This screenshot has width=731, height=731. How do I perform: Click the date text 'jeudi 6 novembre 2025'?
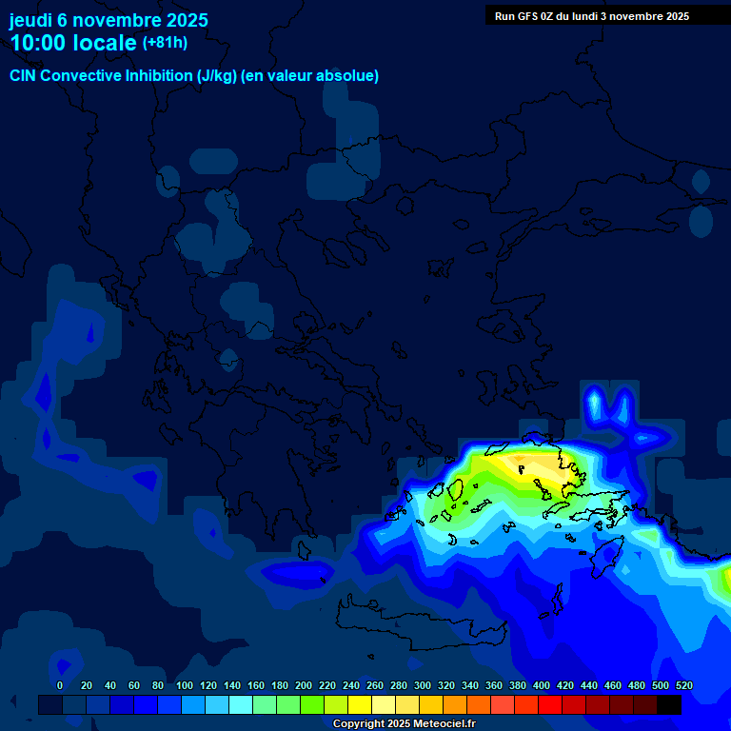pyautogui.click(x=109, y=20)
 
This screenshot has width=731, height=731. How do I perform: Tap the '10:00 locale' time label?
pyautogui.click(x=73, y=43)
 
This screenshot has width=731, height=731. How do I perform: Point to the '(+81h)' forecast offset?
pyautogui.click(x=165, y=43)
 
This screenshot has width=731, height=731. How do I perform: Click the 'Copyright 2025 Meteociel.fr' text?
pyautogui.click(x=404, y=723)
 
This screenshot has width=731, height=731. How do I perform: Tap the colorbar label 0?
pyautogui.click(x=60, y=685)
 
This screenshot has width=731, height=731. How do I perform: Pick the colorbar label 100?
pyautogui.click(x=185, y=685)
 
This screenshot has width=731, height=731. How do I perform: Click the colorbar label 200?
pyautogui.click(x=304, y=685)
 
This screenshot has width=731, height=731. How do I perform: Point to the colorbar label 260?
pyautogui.click(x=375, y=685)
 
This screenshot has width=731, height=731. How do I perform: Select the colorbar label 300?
pyautogui.click(x=423, y=685)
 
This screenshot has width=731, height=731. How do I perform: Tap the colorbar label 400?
pyautogui.click(x=542, y=685)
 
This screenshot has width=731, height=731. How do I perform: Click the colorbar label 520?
pyautogui.click(x=683, y=685)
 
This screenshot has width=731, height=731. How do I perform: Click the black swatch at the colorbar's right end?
pyautogui.click(x=669, y=705)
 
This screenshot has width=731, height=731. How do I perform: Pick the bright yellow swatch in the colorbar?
pyautogui.click(x=360, y=705)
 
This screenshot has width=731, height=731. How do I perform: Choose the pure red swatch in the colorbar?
pyautogui.click(x=550, y=705)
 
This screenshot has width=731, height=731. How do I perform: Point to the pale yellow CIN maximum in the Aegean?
pyautogui.click(x=522, y=465)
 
